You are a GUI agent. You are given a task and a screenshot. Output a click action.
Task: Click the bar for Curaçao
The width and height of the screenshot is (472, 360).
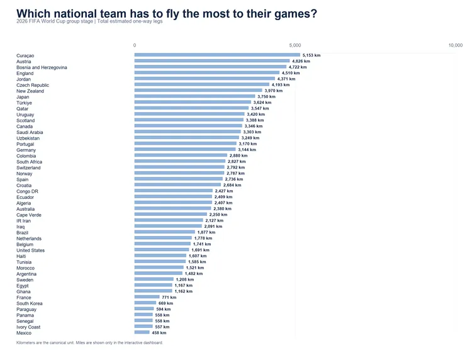(x=217, y=55)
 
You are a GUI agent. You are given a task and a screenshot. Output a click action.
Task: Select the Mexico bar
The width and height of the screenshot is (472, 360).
(x=142, y=332)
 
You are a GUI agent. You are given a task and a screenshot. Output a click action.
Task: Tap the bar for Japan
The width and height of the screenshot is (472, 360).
(x=194, y=96)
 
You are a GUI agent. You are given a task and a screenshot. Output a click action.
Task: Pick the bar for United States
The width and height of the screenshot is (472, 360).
(x=162, y=250)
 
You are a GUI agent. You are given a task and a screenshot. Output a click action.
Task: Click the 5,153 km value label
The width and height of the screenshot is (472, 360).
(x=312, y=55)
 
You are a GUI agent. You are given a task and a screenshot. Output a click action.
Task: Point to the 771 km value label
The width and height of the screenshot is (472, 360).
(x=169, y=298)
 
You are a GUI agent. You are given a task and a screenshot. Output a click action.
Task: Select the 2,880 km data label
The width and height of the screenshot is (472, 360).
(x=239, y=155)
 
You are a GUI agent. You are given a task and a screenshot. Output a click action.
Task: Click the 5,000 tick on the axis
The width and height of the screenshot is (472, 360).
(x=295, y=45)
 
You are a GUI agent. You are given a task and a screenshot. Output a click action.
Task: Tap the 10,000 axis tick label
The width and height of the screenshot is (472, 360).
(x=456, y=45)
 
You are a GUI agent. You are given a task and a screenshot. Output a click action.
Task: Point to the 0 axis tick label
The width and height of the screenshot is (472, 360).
(x=135, y=45)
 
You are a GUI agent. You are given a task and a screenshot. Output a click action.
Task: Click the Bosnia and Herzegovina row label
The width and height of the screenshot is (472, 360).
(x=42, y=67)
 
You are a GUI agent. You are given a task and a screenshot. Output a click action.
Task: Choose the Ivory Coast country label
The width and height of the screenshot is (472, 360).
(x=28, y=327)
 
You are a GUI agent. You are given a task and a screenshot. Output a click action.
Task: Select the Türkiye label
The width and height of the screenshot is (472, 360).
(x=24, y=103)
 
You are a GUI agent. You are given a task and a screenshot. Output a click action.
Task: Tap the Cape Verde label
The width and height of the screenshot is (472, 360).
(x=29, y=215)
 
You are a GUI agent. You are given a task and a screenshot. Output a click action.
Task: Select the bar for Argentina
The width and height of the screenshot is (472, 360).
(x=159, y=273)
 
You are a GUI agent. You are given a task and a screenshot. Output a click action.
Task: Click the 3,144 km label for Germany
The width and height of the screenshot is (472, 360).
(x=247, y=150)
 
